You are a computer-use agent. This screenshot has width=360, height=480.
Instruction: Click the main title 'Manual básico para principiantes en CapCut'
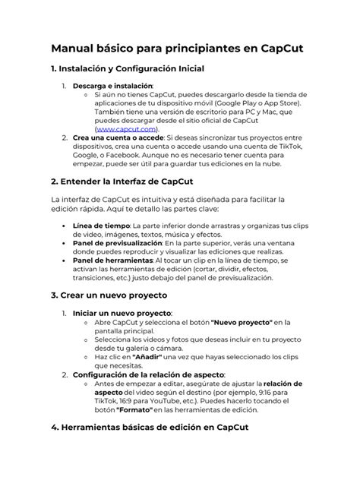(176, 49)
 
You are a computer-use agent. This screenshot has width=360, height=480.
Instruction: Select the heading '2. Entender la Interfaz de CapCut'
(126, 182)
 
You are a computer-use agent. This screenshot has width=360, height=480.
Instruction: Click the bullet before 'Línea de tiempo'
(61, 226)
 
